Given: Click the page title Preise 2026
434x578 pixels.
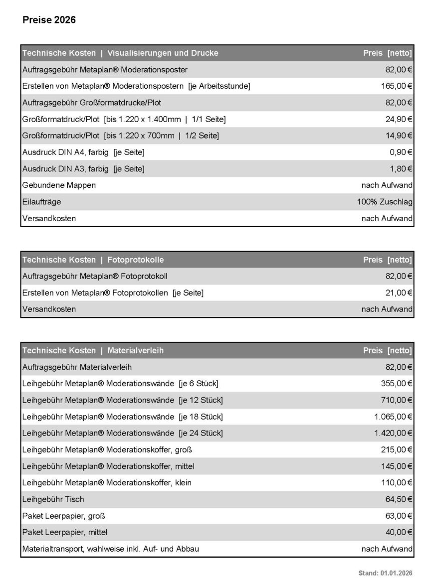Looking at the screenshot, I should tap(49, 20).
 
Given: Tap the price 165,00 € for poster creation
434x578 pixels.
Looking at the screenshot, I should tap(397, 86).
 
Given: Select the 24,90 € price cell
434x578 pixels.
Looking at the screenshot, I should tap(399, 119).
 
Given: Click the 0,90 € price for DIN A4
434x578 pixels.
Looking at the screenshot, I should tap(401, 152).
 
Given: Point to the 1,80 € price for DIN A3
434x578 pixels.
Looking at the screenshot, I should tap(401, 169).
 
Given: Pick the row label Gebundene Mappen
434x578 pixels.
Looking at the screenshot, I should tap(59, 185).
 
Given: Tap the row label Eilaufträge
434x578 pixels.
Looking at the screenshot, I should tap(42, 202).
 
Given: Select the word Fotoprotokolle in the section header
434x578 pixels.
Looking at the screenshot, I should tap(135, 260).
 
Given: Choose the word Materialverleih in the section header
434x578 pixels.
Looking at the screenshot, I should tap(135, 350).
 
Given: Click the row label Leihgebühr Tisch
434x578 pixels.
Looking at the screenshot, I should tap(53, 499).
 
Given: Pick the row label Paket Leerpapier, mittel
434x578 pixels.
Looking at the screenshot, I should tap(65, 532).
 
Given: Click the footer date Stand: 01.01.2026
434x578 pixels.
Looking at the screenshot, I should tap(385, 573).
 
